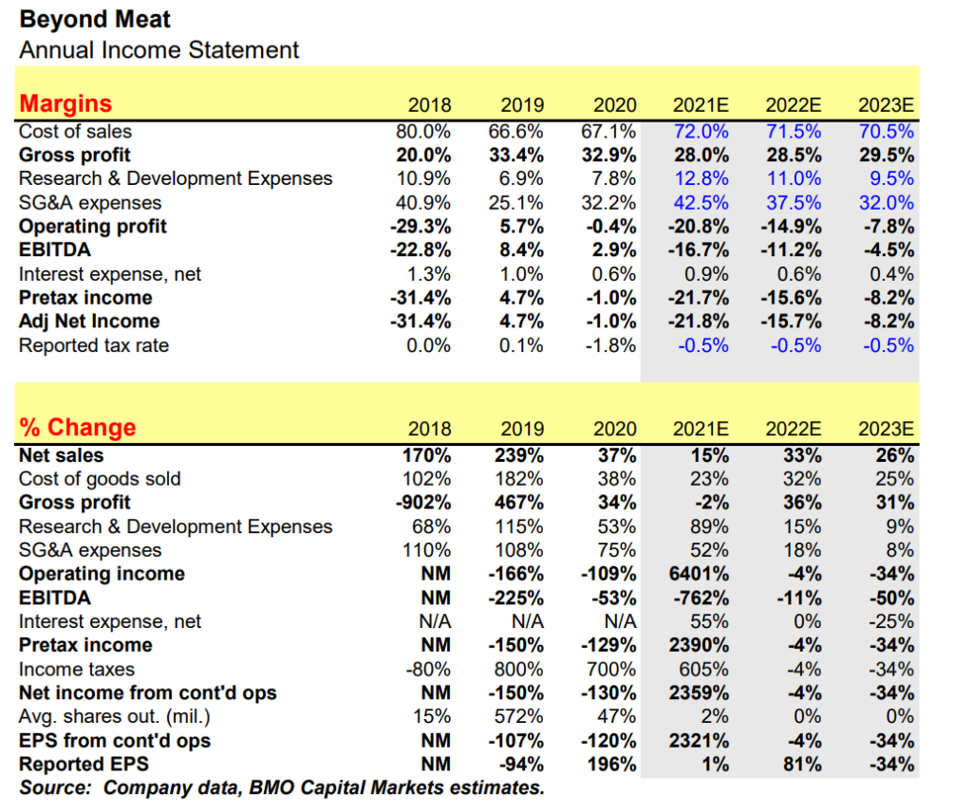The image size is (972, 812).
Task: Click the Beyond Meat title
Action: click(x=95, y=19)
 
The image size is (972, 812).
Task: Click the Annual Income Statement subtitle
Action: click(x=159, y=50)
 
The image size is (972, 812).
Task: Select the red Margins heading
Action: click(x=65, y=104)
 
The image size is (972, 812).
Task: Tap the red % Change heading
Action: click(x=78, y=428)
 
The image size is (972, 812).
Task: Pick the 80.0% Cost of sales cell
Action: click(x=423, y=131)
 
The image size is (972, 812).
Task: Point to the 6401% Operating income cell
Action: click(x=699, y=574)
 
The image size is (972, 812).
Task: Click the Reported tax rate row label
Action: click(x=94, y=345)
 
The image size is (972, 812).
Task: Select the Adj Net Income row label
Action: click(x=89, y=322)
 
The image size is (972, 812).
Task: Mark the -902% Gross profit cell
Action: click(x=423, y=503)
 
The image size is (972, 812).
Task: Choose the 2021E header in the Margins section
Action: click(x=701, y=105)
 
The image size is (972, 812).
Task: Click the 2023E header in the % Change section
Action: click(x=886, y=429)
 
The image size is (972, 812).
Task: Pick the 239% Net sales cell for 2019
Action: click(x=519, y=455)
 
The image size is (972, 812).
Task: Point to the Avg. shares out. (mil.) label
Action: click(x=115, y=716)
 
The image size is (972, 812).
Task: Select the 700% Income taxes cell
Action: click(x=611, y=670)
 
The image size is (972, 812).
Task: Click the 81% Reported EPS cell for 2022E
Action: click(x=802, y=765)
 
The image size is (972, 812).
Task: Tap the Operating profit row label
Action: click(x=93, y=227)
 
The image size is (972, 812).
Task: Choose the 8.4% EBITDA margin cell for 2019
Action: click(x=522, y=250)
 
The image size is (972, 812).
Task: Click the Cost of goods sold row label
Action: click(x=100, y=479)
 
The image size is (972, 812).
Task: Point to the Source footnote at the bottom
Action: click(x=282, y=788)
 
